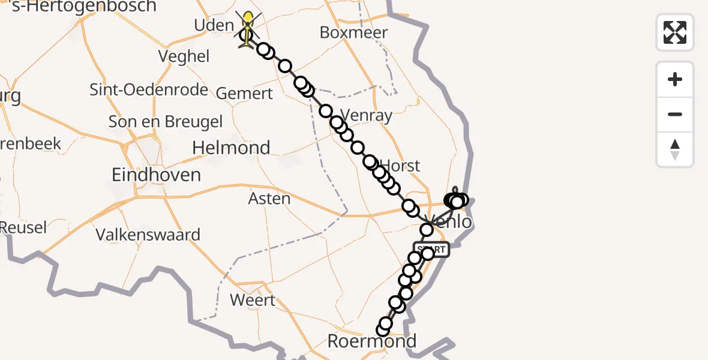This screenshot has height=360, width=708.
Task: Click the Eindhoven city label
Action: click(x=157, y=175)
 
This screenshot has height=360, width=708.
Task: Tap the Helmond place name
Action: click(x=231, y=148)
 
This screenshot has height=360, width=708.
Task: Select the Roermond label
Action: click(x=371, y=341)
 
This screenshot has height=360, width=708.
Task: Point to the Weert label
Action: click(x=253, y=300)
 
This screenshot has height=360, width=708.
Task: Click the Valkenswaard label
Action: click(x=148, y=234)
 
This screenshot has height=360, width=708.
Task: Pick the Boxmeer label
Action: click(x=354, y=32)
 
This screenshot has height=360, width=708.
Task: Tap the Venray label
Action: click(x=366, y=115)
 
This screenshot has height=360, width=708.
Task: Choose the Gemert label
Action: click(x=244, y=94)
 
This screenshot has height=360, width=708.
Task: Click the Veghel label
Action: click(x=184, y=56)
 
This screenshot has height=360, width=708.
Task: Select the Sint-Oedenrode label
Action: click(x=149, y=90)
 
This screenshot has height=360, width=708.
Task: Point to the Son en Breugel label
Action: click(x=166, y=122)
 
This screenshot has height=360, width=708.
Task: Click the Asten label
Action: click(x=269, y=198)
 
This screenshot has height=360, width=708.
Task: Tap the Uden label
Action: click(x=214, y=25)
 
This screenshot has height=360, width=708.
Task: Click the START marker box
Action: click(x=431, y=249)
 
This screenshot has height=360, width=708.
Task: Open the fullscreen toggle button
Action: click(x=675, y=32)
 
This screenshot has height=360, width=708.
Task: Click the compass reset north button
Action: click(x=675, y=149)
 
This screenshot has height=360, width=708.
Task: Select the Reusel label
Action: click(x=23, y=227)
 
